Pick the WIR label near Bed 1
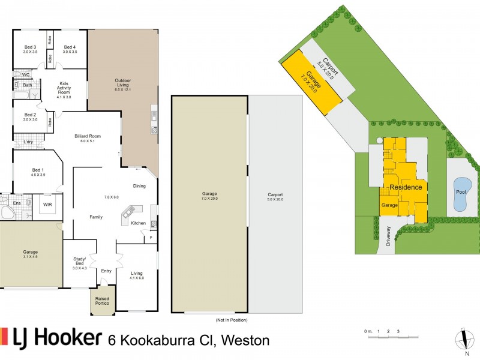click(46, 205)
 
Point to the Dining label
click(139, 186)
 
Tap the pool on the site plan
click(460, 194)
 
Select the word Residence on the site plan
click(406, 187)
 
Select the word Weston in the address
click(245, 340)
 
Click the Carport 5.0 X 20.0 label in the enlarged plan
click(275, 197)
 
